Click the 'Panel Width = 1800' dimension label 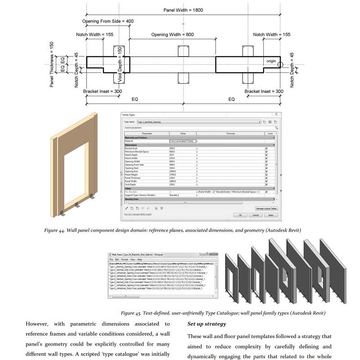183,9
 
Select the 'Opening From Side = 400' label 108,21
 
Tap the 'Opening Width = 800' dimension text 172,35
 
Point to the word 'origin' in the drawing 271,61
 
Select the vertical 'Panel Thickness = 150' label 52,65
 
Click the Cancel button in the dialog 256,215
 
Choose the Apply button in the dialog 270,215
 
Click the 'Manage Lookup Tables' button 266,209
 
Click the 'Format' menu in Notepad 124,260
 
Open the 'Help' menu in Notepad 139,260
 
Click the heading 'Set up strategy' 207,324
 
